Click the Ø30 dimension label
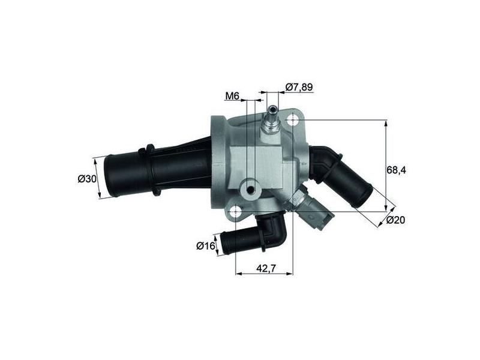[87, 179]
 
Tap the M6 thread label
[232, 96]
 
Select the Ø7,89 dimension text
[299, 87]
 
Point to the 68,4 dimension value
[396, 170]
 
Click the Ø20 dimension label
[396, 220]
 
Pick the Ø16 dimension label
[206, 245]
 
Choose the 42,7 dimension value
[266, 268]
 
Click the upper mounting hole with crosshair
[293, 121]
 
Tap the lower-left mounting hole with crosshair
[235, 211]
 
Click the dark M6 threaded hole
[251, 191]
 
